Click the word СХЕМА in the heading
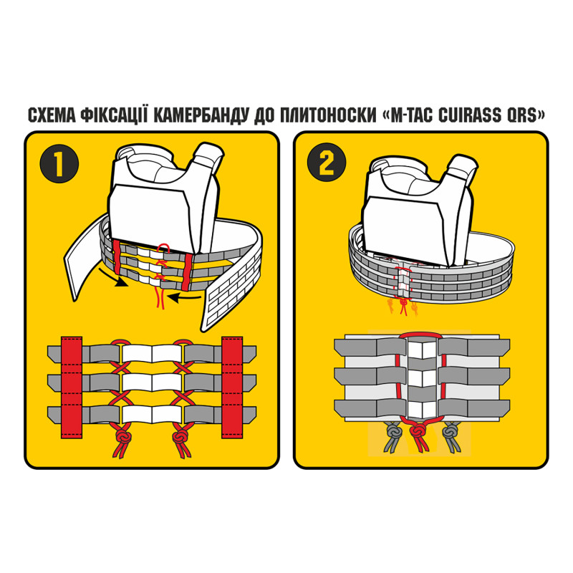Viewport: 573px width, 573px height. [x=51, y=115]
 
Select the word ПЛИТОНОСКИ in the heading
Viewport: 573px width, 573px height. [x=329, y=115]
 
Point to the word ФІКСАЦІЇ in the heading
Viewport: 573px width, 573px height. [x=115, y=115]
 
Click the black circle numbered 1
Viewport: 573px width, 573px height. [x=59, y=163]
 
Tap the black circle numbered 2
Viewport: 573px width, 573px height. [x=327, y=163]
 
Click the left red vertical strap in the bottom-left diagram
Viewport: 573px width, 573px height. [x=72, y=387]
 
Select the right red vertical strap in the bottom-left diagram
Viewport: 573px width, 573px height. [x=232, y=387]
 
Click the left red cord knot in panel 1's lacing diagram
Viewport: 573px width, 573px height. [x=123, y=436]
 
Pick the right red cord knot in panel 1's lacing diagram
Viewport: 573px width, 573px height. [x=180, y=436]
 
